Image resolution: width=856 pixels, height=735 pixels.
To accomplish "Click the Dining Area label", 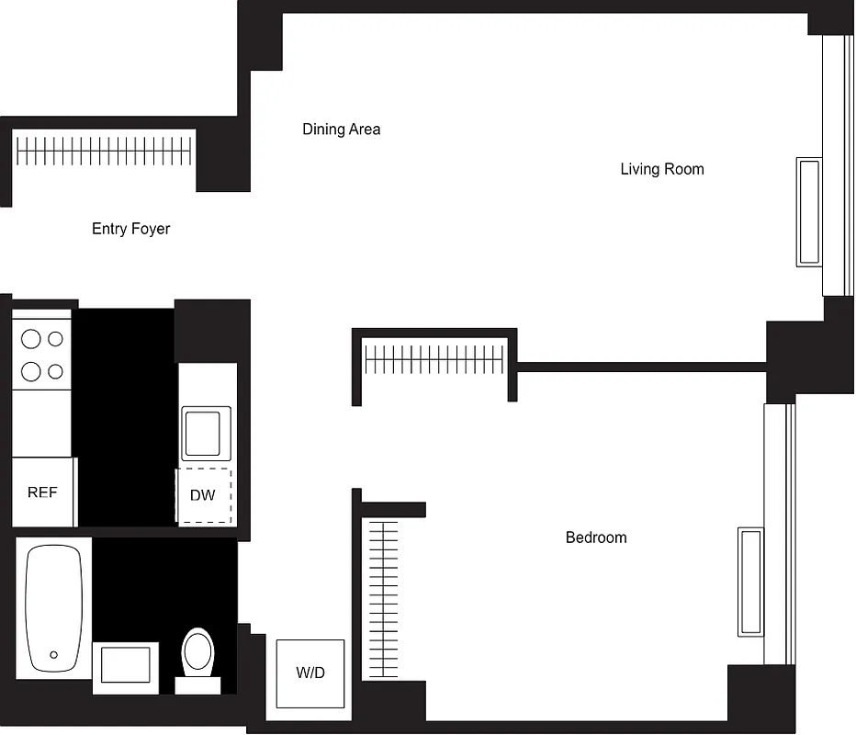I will [341, 130].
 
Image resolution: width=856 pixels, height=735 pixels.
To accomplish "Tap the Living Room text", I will [661, 169].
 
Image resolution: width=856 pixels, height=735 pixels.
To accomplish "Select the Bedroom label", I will [595, 537].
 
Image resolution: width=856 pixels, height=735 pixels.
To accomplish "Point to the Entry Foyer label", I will [130, 229].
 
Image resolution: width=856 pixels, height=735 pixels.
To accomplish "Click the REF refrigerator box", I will [42, 492].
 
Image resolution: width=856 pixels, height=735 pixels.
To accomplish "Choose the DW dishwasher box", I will [203, 496].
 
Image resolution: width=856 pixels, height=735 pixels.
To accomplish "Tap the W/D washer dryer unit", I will [310, 673].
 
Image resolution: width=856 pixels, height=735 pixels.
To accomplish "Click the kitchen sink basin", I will [201, 434].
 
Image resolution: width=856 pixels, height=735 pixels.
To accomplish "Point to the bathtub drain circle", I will [54, 655].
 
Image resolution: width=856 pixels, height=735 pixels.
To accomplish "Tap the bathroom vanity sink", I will [125, 664].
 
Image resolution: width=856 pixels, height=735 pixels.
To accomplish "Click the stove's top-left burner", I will [31, 339].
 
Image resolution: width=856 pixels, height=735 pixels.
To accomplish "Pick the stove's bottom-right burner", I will [56, 371].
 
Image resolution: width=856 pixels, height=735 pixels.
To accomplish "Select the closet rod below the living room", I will [434, 358].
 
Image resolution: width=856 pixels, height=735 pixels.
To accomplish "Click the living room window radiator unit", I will [808, 212].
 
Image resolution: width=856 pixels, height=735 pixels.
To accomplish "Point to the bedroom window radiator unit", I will [749, 582].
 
